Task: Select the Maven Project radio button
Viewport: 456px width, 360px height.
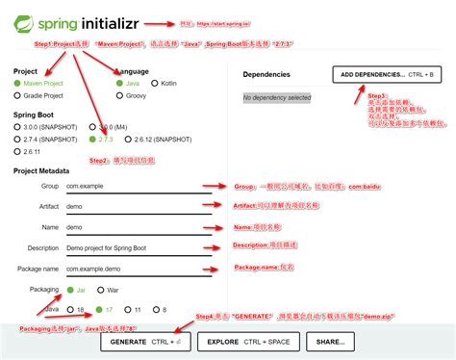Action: [x=18, y=84]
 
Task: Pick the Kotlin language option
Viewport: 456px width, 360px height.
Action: [x=155, y=84]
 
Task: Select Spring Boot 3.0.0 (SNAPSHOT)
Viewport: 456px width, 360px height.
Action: [x=18, y=126]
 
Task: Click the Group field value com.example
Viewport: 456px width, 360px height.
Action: [x=85, y=185]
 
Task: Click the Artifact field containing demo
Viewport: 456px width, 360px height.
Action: [x=77, y=206]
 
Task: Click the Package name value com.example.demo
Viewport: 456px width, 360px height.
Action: [x=93, y=269]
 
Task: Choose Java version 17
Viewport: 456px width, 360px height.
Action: [x=100, y=310]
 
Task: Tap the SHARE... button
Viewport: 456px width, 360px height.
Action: [x=329, y=342]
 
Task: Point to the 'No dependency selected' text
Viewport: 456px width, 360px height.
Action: [x=277, y=97]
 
